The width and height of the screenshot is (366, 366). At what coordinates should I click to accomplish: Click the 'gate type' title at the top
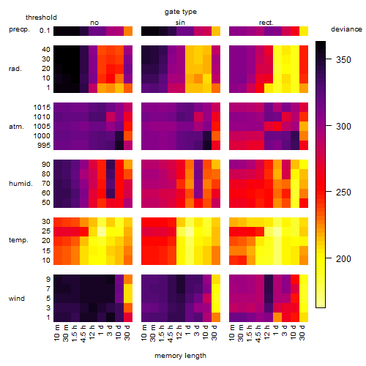coord(181,12)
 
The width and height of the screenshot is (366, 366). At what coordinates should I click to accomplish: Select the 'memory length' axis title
coord(180,356)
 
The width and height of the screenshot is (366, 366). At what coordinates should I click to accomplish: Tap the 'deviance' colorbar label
coord(346,29)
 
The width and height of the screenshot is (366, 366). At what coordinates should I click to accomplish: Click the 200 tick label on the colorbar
coord(343,258)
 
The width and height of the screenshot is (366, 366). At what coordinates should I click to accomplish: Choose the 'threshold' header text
coord(41,18)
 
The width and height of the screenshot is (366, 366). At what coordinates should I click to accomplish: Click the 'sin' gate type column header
coord(180,23)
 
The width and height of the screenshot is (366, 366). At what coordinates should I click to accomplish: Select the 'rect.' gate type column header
coord(266,23)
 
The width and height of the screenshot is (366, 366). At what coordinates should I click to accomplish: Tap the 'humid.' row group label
coord(20,184)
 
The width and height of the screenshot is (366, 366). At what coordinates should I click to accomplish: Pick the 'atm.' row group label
coord(16,127)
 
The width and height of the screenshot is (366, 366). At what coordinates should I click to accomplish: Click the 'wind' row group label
coord(17,298)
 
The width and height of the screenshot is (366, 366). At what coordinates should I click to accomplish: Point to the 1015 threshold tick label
coord(42,108)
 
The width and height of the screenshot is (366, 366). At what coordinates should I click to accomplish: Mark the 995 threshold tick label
coord(44,146)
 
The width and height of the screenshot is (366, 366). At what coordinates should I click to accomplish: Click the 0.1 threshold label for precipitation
coord(45,31)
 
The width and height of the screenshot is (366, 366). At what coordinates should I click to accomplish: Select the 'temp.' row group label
coord(18,240)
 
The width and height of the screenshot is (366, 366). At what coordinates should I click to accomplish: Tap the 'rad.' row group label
coord(15,69)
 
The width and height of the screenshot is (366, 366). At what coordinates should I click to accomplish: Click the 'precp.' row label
coord(19,29)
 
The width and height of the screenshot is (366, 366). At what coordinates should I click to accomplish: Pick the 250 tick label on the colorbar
coord(343,193)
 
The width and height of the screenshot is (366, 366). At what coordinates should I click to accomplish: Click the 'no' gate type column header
coord(94,23)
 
